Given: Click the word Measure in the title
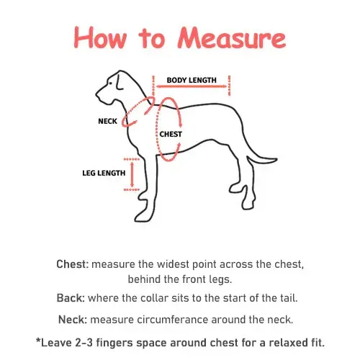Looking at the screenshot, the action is click(x=232, y=38).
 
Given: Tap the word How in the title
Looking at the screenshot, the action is click(x=100, y=38).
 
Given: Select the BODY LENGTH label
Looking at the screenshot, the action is click(x=192, y=80).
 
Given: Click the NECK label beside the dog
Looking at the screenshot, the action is click(x=107, y=121).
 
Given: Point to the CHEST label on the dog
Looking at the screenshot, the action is click(x=171, y=134).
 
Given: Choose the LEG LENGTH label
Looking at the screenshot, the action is click(x=104, y=173).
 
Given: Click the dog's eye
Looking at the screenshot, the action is click(x=110, y=84).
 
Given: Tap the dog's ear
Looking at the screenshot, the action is click(x=120, y=82).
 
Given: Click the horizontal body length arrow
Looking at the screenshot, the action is click(x=192, y=86).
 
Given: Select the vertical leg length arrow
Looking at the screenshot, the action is click(x=132, y=174).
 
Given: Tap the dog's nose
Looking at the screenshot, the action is click(x=97, y=94).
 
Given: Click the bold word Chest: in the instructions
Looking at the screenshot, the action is click(x=73, y=264).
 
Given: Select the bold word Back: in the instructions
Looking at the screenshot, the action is click(x=71, y=298).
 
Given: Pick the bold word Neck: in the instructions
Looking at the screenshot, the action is click(x=73, y=320).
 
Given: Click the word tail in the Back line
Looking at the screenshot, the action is click(x=289, y=298).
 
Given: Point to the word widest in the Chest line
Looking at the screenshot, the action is click(x=173, y=264).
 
